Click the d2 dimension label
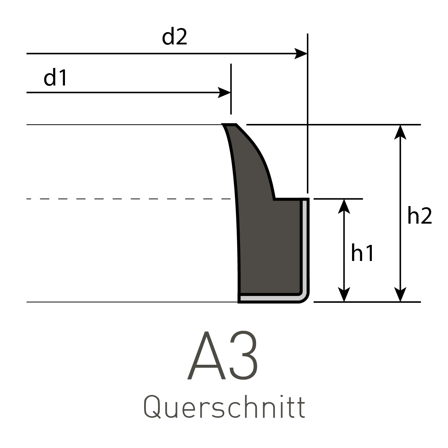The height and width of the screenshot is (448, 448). [x=174, y=38]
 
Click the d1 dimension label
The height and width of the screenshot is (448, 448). [x=55, y=78]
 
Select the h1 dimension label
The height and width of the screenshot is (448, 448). [x=362, y=254]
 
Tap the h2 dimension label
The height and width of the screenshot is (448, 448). [x=419, y=216]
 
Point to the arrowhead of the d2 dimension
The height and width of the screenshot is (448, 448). [x=302, y=54]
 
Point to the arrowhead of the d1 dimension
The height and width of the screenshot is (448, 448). [x=225, y=93]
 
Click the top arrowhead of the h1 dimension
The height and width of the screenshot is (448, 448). [x=344, y=205]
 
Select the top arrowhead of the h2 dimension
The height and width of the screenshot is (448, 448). [x=400, y=131]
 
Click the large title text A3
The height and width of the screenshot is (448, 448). [x=223, y=356]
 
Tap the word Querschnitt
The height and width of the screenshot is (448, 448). [x=224, y=408]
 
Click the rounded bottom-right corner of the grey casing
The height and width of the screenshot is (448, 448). [x=305, y=298]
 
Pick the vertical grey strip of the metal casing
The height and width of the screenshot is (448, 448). [x=305, y=246]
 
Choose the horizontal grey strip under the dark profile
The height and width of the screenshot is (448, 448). [x=269, y=298]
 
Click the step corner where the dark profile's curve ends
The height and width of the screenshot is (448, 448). [x=275, y=199]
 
